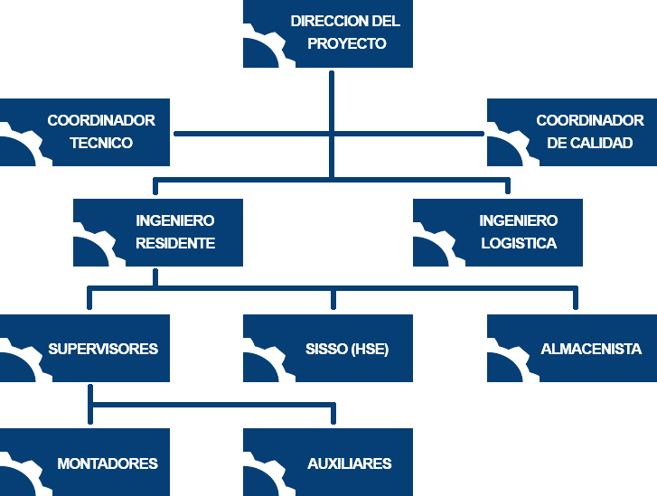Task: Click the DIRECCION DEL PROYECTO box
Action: click(328, 33)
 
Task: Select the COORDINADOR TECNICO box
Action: click(85, 132)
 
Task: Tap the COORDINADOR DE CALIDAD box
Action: click(571, 132)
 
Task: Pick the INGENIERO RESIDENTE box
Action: click(157, 232)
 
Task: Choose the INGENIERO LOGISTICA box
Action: click(498, 232)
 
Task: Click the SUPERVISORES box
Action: click(85, 348)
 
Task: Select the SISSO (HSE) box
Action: click(328, 348)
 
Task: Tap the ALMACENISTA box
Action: click(571, 348)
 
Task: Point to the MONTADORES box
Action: click(85, 462)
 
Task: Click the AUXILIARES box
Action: click(328, 462)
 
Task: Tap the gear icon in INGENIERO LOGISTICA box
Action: click(433, 246)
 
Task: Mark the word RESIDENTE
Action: click(175, 243)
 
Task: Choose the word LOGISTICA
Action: click(519, 243)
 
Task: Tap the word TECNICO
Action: click(101, 143)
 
